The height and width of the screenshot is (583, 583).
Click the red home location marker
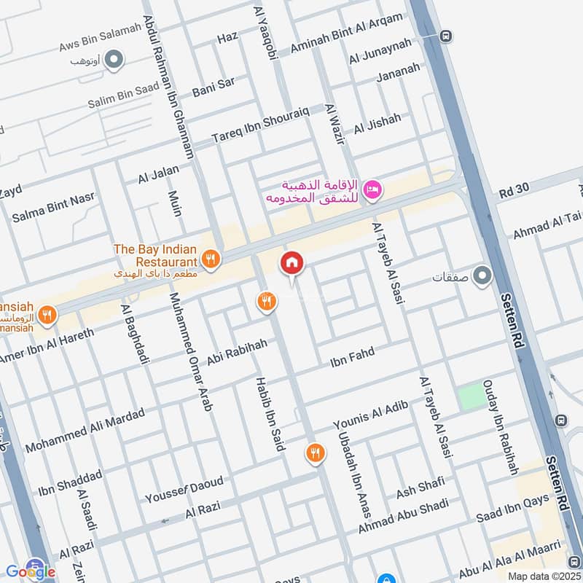292,263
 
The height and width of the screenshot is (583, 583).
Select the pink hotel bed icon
372,189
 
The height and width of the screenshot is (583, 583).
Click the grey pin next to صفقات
482,276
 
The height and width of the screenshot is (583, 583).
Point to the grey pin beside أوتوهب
113,60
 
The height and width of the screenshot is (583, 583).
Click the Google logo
30,571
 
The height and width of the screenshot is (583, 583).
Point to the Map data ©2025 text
543,576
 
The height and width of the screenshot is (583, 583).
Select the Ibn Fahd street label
352,356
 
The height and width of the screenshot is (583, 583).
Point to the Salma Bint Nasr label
50,208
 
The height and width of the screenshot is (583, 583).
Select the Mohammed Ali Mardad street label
85,430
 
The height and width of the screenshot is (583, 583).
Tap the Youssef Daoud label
184,490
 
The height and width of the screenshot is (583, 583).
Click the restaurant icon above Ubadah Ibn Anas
315,453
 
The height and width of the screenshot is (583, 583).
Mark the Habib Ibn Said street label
269,413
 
